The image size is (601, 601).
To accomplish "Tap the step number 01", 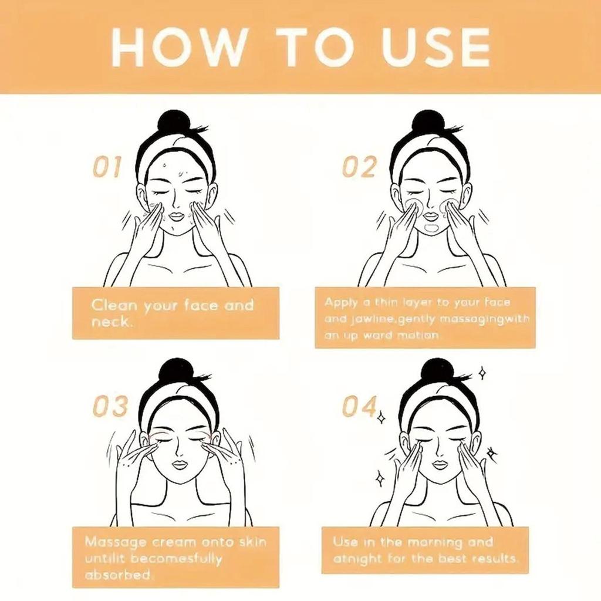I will coord(107,167).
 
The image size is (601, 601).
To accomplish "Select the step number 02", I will coord(359,167).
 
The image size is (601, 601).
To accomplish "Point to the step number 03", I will coord(111,406).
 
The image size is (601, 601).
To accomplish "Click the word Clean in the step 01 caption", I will coord(114,305).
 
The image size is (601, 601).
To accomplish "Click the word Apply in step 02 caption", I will coord(340,302).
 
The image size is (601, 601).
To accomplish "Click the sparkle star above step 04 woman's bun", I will coord(482,373).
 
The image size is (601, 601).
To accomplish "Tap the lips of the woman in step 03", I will coord(179,465).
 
